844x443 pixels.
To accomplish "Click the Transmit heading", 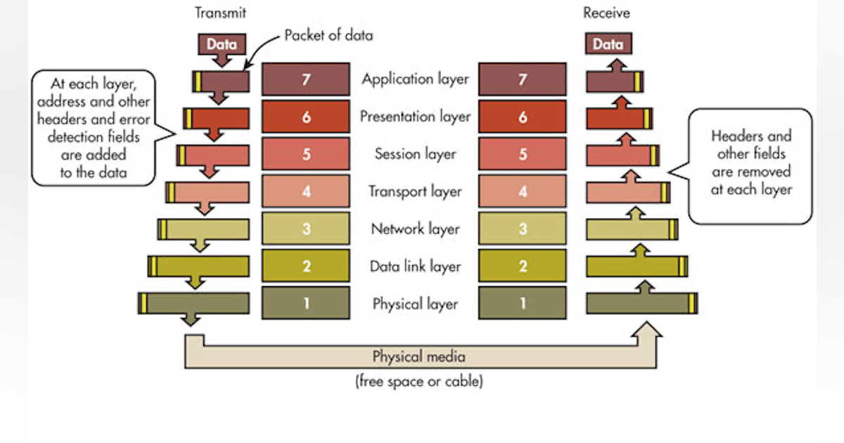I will [220, 13].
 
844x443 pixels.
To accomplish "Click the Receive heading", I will [606, 13].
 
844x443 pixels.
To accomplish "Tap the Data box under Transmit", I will [222, 44].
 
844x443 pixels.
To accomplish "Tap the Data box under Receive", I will [608, 44].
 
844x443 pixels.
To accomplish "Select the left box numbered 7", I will [306, 79].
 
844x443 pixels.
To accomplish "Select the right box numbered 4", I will [522, 191].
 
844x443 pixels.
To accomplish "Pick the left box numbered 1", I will [306, 304].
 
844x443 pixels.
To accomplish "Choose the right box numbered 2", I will [522, 267].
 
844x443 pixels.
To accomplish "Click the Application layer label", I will [415, 79].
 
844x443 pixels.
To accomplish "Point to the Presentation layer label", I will [415, 117].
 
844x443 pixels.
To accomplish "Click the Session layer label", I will [415, 154].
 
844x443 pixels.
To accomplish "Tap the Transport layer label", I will [415, 191].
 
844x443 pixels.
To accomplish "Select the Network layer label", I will [415, 229].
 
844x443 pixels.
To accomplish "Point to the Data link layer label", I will [415, 267].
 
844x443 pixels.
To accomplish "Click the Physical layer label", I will [415, 304].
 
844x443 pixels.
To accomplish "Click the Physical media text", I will [418, 357].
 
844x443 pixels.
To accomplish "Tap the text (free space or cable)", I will [418, 383].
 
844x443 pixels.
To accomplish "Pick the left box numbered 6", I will [306, 117].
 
